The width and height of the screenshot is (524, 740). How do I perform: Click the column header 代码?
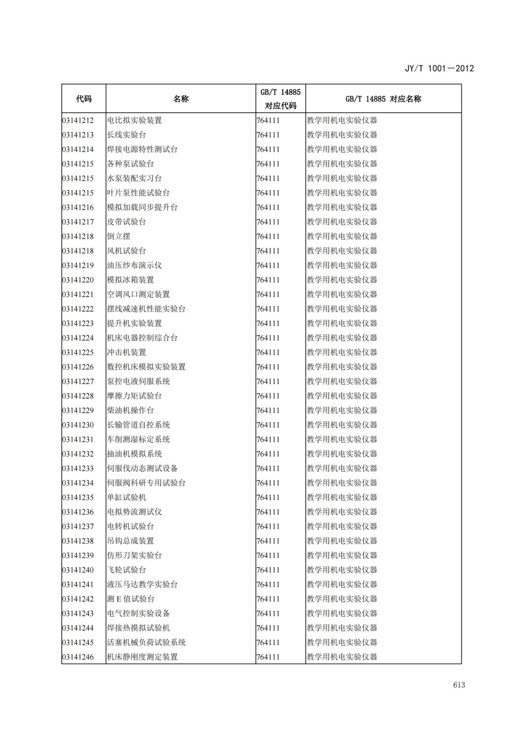click(x=84, y=99)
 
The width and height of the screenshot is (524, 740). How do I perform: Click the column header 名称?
click(x=181, y=99)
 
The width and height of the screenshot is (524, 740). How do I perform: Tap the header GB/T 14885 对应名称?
click(x=383, y=99)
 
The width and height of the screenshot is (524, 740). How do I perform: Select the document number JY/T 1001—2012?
click(x=439, y=68)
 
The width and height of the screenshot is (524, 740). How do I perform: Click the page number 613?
click(x=459, y=685)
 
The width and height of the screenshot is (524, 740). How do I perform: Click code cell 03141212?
click(x=78, y=120)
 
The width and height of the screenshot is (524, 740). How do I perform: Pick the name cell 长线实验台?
click(x=126, y=135)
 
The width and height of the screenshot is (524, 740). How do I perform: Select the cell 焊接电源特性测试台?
click(x=142, y=150)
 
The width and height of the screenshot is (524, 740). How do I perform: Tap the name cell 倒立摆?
click(x=118, y=237)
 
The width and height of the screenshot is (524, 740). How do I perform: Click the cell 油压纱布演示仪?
click(x=134, y=265)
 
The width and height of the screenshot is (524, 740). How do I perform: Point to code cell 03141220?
click(x=78, y=280)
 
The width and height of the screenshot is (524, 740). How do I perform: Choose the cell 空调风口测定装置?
click(x=138, y=294)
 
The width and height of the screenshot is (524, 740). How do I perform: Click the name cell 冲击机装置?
click(x=126, y=352)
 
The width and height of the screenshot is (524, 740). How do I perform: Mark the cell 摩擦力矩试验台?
click(x=134, y=396)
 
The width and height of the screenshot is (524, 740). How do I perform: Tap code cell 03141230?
click(x=78, y=425)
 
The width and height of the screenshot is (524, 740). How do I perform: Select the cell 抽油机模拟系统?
click(x=134, y=454)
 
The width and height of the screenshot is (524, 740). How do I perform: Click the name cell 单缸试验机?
click(x=126, y=498)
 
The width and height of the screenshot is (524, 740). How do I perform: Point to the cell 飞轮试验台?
click(x=126, y=570)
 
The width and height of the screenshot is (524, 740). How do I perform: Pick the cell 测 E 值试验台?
click(x=131, y=599)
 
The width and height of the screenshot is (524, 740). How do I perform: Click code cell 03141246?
click(x=78, y=657)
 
